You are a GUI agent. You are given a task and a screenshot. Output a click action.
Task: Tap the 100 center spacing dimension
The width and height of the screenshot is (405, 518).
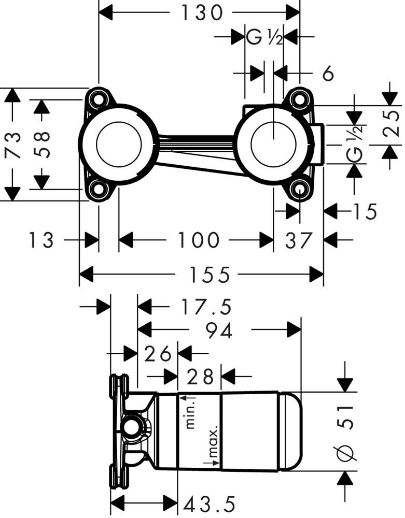click(199, 240)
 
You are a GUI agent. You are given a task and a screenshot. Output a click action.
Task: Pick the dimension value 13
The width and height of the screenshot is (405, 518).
click(41, 240)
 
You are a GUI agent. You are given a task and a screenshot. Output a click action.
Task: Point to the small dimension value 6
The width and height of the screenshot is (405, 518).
click(327, 74)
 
